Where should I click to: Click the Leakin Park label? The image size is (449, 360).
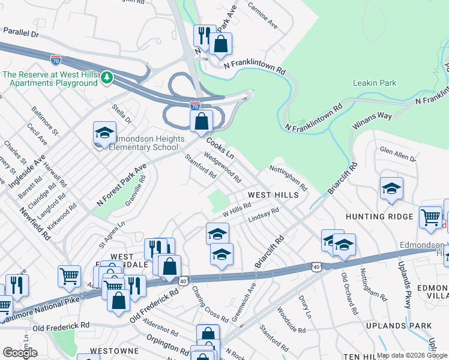(x=375, y=83)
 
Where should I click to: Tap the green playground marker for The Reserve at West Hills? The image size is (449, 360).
(x=106, y=77)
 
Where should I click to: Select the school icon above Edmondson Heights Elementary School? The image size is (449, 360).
(x=104, y=133)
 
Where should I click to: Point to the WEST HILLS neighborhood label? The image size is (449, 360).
(x=274, y=196)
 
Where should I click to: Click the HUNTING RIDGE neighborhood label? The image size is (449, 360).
(x=379, y=216)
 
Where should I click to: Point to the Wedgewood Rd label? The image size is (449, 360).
(x=223, y=167)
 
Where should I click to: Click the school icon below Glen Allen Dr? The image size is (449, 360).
(x=391, y=189)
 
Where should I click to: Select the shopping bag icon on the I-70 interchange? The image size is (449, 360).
(x=202, y=121)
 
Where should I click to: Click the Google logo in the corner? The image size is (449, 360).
(x=20, y=352)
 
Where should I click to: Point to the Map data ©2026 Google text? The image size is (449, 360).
(x=412, y=355)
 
